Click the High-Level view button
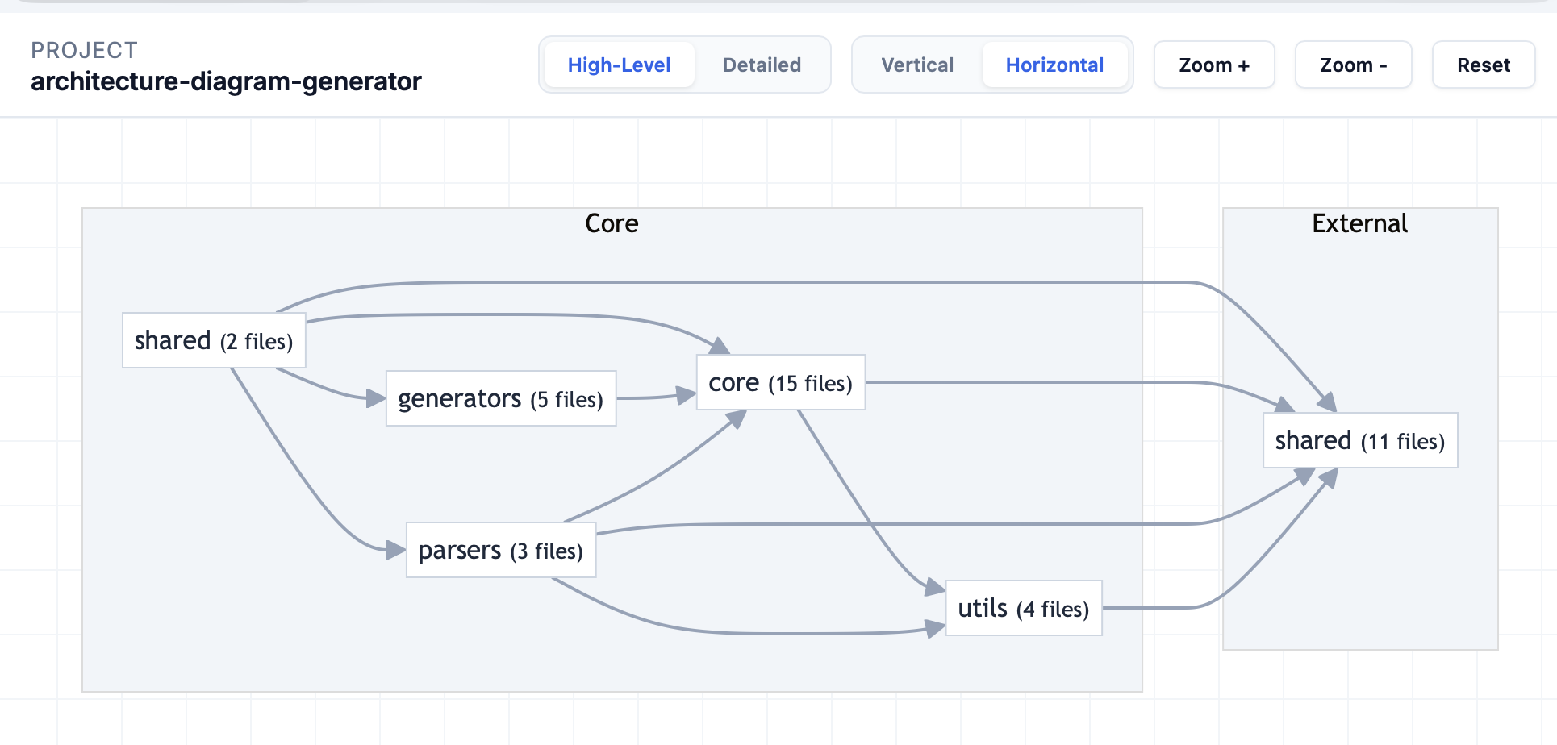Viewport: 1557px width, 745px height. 619,65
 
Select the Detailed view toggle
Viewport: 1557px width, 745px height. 762,65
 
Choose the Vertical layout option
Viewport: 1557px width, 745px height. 917,65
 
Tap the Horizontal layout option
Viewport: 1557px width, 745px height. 1054,65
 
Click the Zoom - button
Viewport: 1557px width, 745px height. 1353,65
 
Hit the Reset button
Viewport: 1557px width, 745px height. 1484,65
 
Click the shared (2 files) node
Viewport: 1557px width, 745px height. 214,340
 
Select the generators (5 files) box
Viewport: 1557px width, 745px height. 501,398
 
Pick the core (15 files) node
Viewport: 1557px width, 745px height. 781,382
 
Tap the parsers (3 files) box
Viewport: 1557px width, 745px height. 501,550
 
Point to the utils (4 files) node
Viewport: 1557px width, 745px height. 1024,608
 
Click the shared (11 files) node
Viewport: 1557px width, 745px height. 1360,440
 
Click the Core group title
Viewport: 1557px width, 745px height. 612,223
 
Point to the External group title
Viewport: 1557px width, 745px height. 1360,223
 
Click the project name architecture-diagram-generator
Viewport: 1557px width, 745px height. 226,81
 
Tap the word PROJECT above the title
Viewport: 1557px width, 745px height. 85,50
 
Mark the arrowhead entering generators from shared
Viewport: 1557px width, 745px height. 376,397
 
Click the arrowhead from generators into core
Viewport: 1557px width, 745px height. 687,394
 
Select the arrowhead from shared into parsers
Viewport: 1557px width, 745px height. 396,550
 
